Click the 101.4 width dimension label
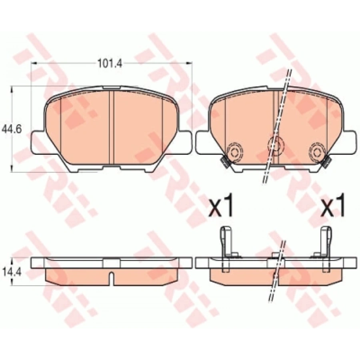pos(110,63)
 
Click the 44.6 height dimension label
pos(12,130)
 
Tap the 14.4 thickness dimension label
pos(12,273)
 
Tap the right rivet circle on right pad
pos(318,152)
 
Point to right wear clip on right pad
pos(327,162)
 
